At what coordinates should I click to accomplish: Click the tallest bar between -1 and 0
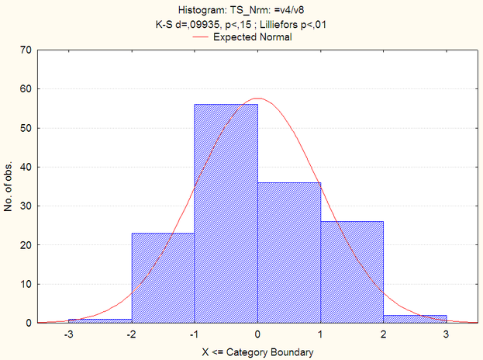[x=226, y=213]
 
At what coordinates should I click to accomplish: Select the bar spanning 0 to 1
[x=289, y=252]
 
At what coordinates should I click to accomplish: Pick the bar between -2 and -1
[x=163, y=278]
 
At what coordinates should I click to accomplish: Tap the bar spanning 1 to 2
[x=352, y=272]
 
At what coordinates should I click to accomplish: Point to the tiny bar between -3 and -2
[x=100, y=320]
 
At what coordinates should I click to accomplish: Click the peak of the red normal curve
[x=257, y=99]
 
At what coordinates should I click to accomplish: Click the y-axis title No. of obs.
[x=8, y=186]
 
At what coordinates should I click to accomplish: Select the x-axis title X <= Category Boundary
[x=257, y=352]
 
